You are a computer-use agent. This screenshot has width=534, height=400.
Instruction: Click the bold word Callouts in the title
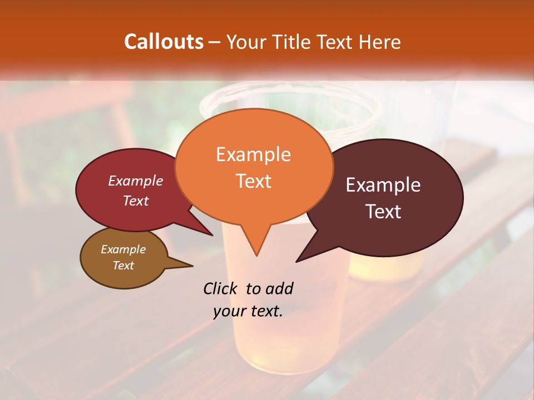pyautogui.click(x=164, y=42)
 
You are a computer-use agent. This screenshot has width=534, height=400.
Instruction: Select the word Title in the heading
pyautogui.click(x=291, y=42)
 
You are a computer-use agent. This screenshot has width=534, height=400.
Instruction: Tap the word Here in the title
pyautogui.click(x=379, y=42)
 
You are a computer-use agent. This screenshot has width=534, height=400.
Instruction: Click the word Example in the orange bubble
pyautogui.click(x=253, y=154)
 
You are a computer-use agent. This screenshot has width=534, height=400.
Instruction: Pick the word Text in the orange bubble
pyautogui.click(x=253, y=181)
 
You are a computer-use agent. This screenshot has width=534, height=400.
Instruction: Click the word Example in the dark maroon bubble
pyautogui.click(x=383, y=185)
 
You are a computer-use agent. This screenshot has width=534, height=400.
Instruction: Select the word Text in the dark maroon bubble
pyautogui.click(x=383, y=212)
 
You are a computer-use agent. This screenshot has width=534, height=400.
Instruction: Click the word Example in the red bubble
pyautogui.click(x=136, y=181)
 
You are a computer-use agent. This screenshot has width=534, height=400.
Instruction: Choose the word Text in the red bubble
pyautogui.click(x=136, y=201)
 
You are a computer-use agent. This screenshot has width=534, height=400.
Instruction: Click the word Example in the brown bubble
pyautogui.click(x=123, y=249)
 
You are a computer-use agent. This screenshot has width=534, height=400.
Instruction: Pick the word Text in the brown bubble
pyautogui.click(x=123, y=266)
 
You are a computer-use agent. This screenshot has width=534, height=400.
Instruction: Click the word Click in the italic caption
pyautogui.click(x=220, y=288)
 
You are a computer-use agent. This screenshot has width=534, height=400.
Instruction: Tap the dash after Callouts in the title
pyautogui.click(x=215, y=42)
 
